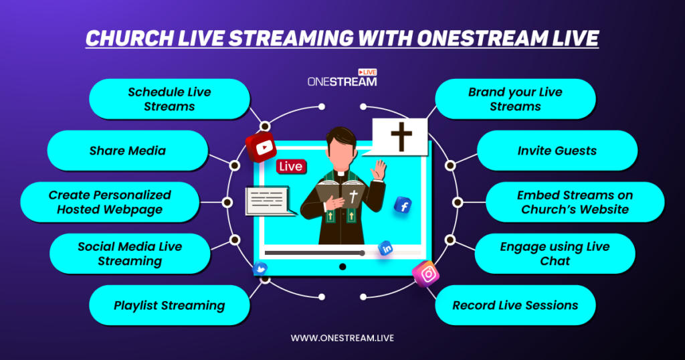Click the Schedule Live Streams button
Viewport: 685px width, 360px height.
coord(169,99)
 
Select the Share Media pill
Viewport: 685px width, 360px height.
coord(128,151)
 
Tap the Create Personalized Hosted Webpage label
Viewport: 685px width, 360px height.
coord(110,201)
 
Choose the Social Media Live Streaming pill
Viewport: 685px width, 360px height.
coord(130,254)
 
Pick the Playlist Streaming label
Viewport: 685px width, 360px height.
coord(169,305)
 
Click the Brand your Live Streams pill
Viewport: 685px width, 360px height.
coord(515,99)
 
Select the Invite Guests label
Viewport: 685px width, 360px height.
coord(557,151)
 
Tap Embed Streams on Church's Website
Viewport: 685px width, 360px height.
coord(575,201)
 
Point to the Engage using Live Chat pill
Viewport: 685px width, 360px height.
coord(555,254)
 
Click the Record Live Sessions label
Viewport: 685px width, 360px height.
coord(515,305)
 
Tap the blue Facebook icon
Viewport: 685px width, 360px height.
coord(403,205)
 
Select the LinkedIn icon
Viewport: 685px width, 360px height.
coord(386,248)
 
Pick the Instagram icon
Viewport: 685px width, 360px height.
coord(426,274)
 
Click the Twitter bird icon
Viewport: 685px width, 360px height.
coord(260,268)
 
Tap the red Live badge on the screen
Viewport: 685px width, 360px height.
coord(290,166)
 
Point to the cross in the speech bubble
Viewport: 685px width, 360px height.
coord(401,137)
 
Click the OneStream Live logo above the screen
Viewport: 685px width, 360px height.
coord(342,78)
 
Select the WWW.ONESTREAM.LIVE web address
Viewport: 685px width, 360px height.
coord(342,338)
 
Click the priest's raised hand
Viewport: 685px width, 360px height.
coord(379,170)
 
